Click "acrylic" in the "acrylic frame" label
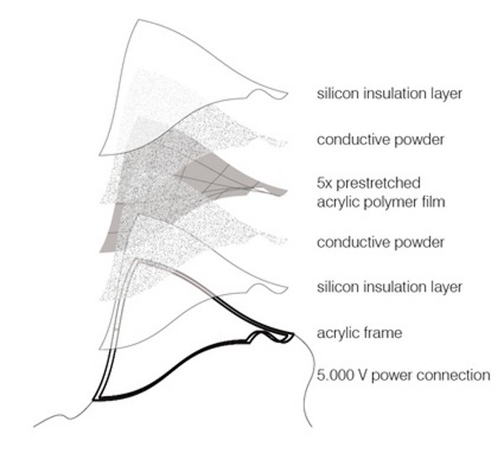[339, 333]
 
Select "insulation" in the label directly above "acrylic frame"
[394, 287]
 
